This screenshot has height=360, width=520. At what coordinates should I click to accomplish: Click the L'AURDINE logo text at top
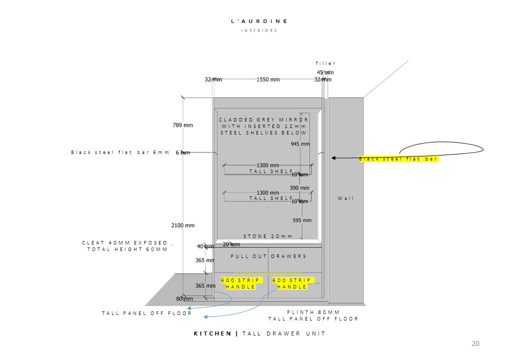[259, 21]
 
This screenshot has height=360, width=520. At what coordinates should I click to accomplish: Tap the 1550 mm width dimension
[268, 79]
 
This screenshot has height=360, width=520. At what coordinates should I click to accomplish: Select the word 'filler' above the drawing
[326, 63]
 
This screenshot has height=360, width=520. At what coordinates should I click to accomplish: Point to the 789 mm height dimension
[182, 125]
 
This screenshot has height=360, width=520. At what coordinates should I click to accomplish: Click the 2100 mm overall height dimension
[183, 225]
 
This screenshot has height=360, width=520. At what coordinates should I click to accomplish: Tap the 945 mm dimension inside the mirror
[300, 144]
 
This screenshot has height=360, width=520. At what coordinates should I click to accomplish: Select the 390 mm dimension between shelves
[300, 188]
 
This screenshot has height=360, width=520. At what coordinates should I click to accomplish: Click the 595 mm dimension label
[302, 220]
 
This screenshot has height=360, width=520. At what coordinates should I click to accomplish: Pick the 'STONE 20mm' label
[268, 236]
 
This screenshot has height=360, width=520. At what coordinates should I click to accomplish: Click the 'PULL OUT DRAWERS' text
[268, 256]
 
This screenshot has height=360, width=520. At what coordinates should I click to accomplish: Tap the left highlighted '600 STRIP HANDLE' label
[240, 283]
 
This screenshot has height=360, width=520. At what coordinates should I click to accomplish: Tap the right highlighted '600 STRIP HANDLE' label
[292, 283]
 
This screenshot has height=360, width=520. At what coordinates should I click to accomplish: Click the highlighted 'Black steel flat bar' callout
[398, 159]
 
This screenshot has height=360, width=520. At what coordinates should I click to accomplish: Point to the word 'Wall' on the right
[345, 198]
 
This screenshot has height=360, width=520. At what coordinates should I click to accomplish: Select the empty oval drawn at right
[441, 148]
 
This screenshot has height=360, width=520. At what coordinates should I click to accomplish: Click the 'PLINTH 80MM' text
[313, 312]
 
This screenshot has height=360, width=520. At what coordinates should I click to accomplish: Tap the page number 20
[475, 343]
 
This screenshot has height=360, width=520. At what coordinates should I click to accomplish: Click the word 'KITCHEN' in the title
[212, 333]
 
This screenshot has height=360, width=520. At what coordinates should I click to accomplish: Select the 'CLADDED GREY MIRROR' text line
[263, 120]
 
